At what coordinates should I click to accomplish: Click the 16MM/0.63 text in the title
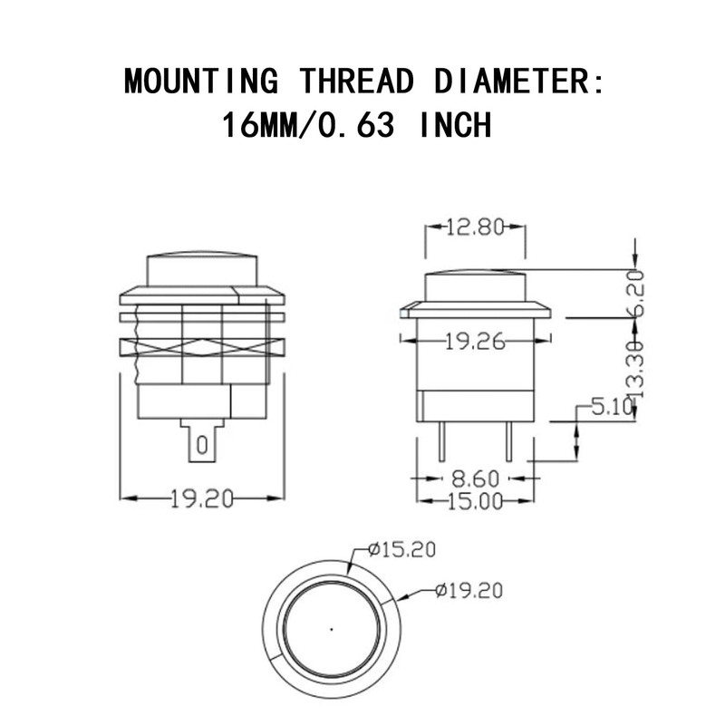307,125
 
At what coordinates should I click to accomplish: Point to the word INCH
455,125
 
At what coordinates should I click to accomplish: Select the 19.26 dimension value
475,341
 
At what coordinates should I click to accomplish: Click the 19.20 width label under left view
202,498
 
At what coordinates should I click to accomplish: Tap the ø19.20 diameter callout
468,591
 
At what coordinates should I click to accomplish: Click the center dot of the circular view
332,626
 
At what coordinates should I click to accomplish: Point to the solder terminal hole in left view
202,445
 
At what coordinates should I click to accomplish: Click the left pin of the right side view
440,442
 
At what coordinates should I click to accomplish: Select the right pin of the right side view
509,442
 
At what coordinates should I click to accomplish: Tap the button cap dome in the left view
202,267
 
